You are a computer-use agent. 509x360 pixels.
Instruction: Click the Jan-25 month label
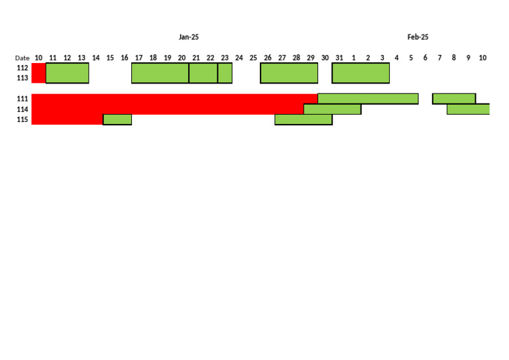click(188, 37)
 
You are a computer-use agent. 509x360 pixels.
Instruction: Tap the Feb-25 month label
click(418, 37)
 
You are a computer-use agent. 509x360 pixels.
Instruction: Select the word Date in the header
click(23, 58)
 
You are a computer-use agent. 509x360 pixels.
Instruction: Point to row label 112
click(23, 68)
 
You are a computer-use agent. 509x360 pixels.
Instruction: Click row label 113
click(23, 78)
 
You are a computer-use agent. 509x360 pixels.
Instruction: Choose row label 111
click(23, 99)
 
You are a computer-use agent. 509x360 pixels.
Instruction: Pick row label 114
click(23, 109)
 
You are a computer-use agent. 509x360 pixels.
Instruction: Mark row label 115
click(23, 120)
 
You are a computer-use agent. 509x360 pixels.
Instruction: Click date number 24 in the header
click(239, 58)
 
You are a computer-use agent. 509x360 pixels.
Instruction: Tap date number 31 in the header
click(339, 58)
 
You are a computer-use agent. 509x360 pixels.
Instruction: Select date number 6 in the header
click(425, 58)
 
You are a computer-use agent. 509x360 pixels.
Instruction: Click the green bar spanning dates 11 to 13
click(67, 73)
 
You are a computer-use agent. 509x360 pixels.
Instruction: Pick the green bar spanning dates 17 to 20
click(160, 73)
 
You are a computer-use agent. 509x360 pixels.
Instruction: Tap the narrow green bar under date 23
click(225, 73)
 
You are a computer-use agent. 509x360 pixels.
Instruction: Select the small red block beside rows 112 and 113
click(38, 73)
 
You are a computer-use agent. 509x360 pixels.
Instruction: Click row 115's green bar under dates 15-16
click(117, 119)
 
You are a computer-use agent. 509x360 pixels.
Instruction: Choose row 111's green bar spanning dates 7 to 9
click(454, 99)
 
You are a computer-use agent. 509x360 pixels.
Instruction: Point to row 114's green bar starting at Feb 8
click(468, 109)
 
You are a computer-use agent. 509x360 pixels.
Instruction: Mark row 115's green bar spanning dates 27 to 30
click(304, 119)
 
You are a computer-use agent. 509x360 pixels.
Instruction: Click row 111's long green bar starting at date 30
click(368, 99)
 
